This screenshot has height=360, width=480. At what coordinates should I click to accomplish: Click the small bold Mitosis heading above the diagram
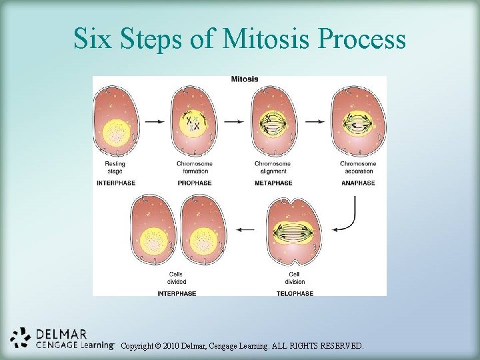pyautogui.click(x=245, y=79)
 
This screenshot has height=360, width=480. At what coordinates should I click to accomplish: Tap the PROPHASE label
pyautogui.click(x=194, y=183)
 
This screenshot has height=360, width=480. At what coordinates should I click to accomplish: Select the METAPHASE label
pyautogui.click(x=275, y=183)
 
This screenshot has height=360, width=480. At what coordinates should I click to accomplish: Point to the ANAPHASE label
pyautogui.click(x=357, y=183)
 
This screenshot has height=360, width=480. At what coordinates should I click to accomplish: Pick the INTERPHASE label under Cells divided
pyautogui.click(x=177, y=293)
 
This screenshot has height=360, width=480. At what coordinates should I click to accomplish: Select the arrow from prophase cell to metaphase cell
pyautogui.click(x=233, y=121)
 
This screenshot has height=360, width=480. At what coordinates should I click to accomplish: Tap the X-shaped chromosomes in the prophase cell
pyautogui.click(x=193, y=123)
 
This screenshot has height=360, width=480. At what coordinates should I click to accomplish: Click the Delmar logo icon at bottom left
pyautogui.click(x=21, y=338)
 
